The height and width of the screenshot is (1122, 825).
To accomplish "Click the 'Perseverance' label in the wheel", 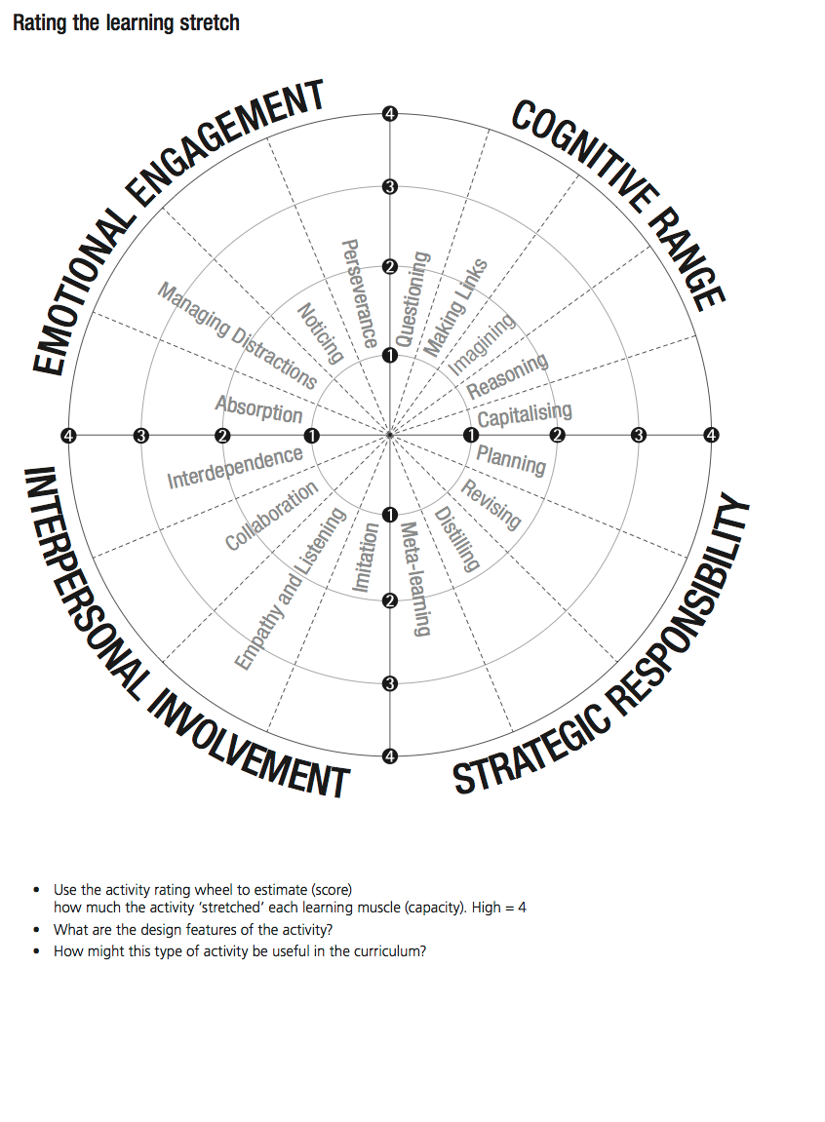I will point(356,293).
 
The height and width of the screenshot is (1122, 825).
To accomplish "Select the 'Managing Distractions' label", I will point(237,335).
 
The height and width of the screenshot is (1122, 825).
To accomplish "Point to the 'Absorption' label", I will point(258,408).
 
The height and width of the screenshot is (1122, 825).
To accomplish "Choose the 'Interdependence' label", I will point(235,467).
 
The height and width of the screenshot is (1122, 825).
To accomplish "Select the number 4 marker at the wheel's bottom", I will point(390,755).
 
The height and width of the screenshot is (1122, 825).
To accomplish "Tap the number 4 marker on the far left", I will point(68,435).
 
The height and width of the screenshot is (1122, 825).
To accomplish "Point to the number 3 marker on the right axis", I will point(639,435).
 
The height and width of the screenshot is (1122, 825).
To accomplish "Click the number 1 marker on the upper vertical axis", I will point(390,356).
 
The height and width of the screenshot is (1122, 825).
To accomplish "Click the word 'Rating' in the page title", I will point(39,22).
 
